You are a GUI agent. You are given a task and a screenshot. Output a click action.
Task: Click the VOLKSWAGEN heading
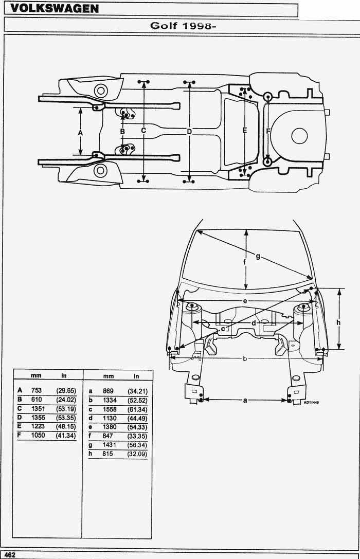click(x=54, y=9)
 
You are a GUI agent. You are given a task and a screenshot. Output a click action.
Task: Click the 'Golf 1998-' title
click(x=183, y=26)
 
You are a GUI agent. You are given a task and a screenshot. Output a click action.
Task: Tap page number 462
click(x=9, y=555)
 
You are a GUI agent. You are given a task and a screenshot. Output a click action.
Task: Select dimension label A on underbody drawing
click(x=80, y=133)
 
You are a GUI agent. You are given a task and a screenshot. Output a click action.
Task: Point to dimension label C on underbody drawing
click(x=143, y=131)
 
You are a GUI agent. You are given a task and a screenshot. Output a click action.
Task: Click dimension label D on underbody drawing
click(x=189, y=132)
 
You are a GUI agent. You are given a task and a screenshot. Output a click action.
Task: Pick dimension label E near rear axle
click(x=244, y=131)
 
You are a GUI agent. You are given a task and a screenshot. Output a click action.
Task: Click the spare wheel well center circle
click(x=299, y=136)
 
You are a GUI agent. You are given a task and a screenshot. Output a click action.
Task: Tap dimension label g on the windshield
click(x=258, y=256)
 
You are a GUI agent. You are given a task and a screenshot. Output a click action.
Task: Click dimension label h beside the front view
click(x=338, y=322)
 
